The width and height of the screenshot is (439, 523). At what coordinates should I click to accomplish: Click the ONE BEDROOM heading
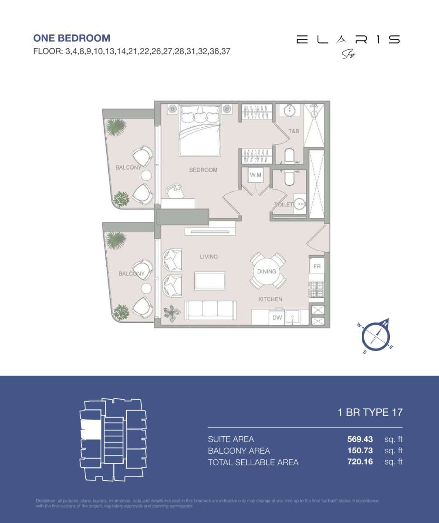(72, 38)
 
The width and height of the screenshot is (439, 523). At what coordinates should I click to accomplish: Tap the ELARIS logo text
(348, 40)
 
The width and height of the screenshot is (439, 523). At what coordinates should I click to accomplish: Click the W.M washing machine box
(255, 176)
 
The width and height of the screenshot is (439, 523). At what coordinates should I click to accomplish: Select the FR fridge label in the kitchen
(316, 265)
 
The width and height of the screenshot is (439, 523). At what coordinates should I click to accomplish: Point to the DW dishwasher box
(277, 318)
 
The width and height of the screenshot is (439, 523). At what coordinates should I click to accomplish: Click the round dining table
(267, 271)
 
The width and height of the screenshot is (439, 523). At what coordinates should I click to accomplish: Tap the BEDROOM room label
(203, 170)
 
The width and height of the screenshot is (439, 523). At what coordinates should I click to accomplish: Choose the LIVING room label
(209, 257)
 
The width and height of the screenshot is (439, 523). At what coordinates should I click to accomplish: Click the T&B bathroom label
(294, 131)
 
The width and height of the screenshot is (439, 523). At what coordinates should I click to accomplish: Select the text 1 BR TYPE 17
(370, 412)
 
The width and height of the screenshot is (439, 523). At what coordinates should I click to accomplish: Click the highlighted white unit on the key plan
(90, 429)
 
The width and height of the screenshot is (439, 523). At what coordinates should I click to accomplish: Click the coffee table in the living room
(210, 281)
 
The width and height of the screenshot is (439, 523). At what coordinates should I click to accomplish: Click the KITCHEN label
(270, 299)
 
